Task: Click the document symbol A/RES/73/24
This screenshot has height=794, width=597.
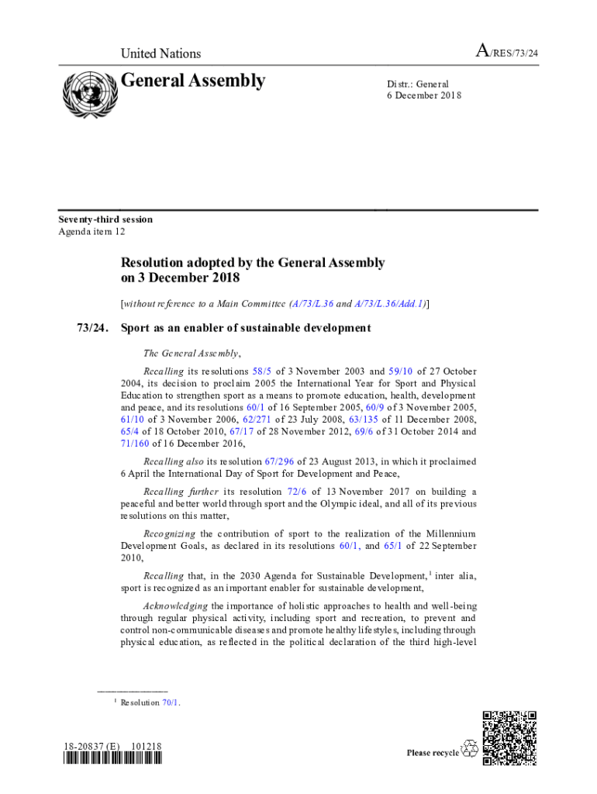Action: pos(506,53)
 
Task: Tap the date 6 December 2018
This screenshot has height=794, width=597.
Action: pos(424,96)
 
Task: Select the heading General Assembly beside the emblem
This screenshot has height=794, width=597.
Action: pos(193,81)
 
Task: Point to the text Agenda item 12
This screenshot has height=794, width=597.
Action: pos(92,231)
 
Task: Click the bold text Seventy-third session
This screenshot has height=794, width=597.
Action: pos(106,219)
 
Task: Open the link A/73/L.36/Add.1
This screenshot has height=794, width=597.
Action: pos(390,305)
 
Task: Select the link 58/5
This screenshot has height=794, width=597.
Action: pos(262,372)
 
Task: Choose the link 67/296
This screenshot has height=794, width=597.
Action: pos(278,461)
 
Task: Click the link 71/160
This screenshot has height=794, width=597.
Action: pos(135,444)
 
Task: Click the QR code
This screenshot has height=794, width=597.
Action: pos(509,737)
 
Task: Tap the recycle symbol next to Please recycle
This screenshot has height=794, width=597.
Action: pos(470,750)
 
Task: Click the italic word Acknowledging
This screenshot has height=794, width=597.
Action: pos(176,606)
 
